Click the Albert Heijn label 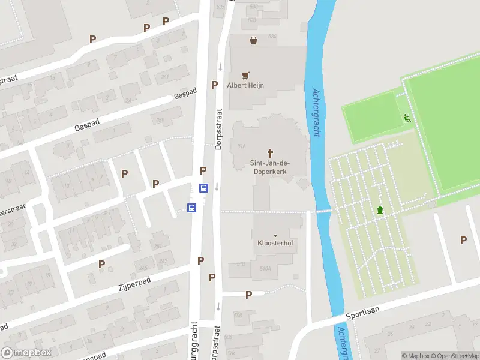pyautogui.click(x=245, y=85)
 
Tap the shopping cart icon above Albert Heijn pyautogui.click(x=245, y=76)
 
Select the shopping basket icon pyautogui.click(x=254, y=40)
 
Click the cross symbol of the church pyautogui.click(x=270, y=152)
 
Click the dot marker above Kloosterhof pyautogui.click(x=275, y=236)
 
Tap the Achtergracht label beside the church pyautogui.click(x=316, y=113)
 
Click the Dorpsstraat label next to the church pyautogui.click(x=218, y=129)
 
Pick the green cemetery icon pyautogui.click(x=379, y=209)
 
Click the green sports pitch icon pyautogui.click(x=407, y=118)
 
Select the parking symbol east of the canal pyautogui.click(x=463, y=240)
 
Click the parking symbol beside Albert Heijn pyautogui.click(x=214, y=85)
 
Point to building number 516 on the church pyautogui.click(x=242, y=146)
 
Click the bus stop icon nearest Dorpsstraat pyautogui.click(x=203, y=187)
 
